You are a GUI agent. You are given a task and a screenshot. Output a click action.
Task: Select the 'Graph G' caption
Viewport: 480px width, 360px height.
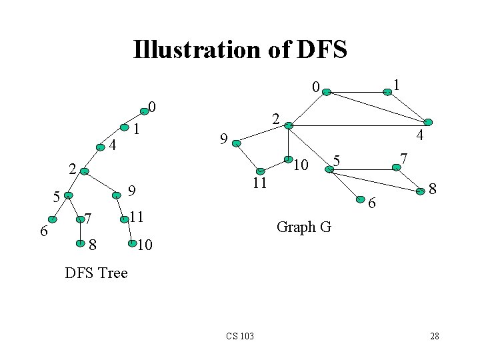click(x=303, y=227)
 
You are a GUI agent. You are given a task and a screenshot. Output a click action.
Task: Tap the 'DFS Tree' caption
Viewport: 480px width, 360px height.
click(x=97, y=273)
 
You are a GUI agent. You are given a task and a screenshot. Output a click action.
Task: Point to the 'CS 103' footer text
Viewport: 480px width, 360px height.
click(x=240, y=336)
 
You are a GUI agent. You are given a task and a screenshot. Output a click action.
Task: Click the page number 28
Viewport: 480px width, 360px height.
click(x=435, y=336)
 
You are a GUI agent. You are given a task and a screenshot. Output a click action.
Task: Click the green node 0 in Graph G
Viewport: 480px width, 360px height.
click(x=326, y=93)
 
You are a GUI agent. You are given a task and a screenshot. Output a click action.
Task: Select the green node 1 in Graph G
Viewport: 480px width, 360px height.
click(x=387, y=93)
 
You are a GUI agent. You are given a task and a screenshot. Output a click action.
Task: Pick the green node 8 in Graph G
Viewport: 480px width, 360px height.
click(x=421, y=191)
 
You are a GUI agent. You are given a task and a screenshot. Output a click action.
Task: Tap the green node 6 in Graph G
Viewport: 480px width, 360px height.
click(x=360, y=198)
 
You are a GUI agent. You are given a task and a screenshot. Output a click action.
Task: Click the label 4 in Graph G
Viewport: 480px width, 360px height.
click(x=419, y=135)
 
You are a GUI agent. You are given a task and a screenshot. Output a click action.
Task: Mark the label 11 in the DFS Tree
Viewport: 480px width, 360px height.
click(x=137, y=217)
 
